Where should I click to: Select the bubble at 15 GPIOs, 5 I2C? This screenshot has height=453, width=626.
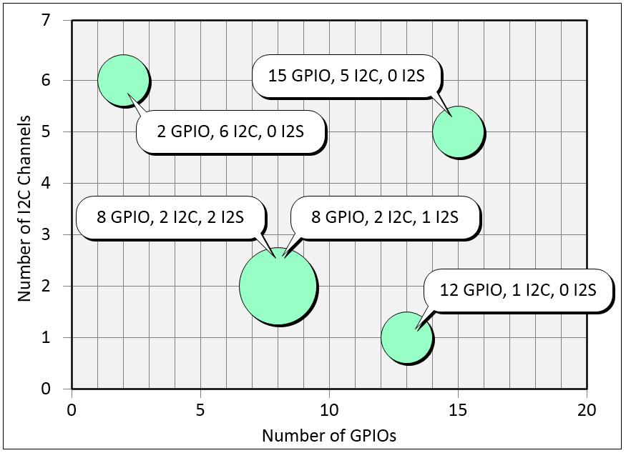coord(459,132)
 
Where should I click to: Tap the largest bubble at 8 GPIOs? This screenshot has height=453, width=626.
coord(278,287)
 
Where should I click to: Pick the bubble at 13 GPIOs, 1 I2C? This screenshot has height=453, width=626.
coord(406,338)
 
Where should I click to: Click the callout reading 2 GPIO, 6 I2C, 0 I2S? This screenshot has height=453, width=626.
coord(231,132)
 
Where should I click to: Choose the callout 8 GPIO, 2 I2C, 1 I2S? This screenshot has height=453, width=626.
coord(385,217)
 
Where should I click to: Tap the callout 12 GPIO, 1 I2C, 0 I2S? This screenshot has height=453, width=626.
coord(519,290)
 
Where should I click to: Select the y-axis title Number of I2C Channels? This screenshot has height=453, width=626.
coord(24,206)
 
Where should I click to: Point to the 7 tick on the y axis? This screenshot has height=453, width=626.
coord(46,21)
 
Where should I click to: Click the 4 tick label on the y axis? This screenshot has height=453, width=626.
coord(46,184)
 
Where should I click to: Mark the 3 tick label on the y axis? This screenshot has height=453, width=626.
coord(46,235)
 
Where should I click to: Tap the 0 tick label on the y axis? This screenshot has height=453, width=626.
coord(46,389)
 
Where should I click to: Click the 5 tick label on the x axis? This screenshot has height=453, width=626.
coord(200,412)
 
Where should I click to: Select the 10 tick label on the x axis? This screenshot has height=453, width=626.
coord(329,412)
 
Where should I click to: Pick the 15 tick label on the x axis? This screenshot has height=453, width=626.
coord(458,412)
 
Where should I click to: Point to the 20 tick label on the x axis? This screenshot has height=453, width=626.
coord(587,412)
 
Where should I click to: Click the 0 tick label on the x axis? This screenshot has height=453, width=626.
coord(72,412)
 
